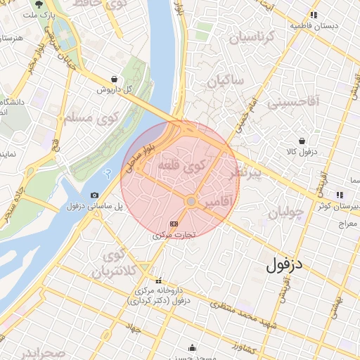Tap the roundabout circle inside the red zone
coord(191,201)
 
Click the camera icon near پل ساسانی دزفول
coord(94,195)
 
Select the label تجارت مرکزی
coord(174,236)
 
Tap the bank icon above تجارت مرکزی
coord(174,224)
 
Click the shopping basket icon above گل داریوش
coord(114,79)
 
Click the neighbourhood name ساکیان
coord(225,82)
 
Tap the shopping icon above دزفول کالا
coord(302,141)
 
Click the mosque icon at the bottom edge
coord(192,347)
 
